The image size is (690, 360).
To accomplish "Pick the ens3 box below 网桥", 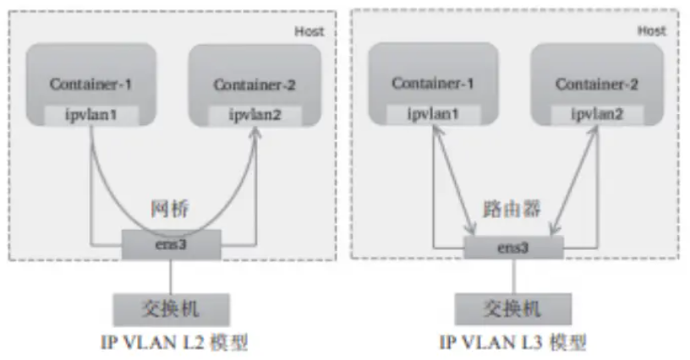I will click(x=172, y=245).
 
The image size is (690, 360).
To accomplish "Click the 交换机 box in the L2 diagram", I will click(x=172, y=306).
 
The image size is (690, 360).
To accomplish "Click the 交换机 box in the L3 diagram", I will click(x=513, y=306).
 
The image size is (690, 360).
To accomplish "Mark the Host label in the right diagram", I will click(x=652, y=30).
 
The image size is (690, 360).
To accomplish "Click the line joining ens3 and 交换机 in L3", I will click(x=513, y=275).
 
